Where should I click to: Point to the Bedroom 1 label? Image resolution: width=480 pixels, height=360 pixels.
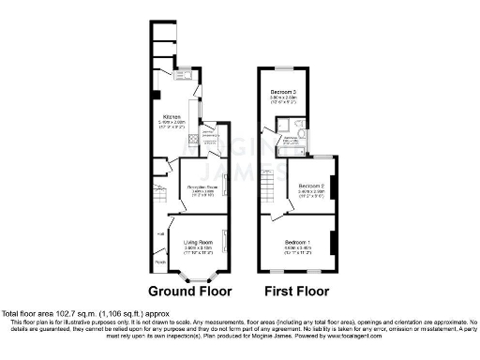coord(300,243)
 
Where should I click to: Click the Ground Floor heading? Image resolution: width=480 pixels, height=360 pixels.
coord(190,291)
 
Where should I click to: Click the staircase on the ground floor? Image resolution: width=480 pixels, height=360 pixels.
coord(159,197)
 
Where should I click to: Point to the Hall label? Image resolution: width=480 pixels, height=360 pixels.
coord(161,234)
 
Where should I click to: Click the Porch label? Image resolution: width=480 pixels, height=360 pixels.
coord(159,263)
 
